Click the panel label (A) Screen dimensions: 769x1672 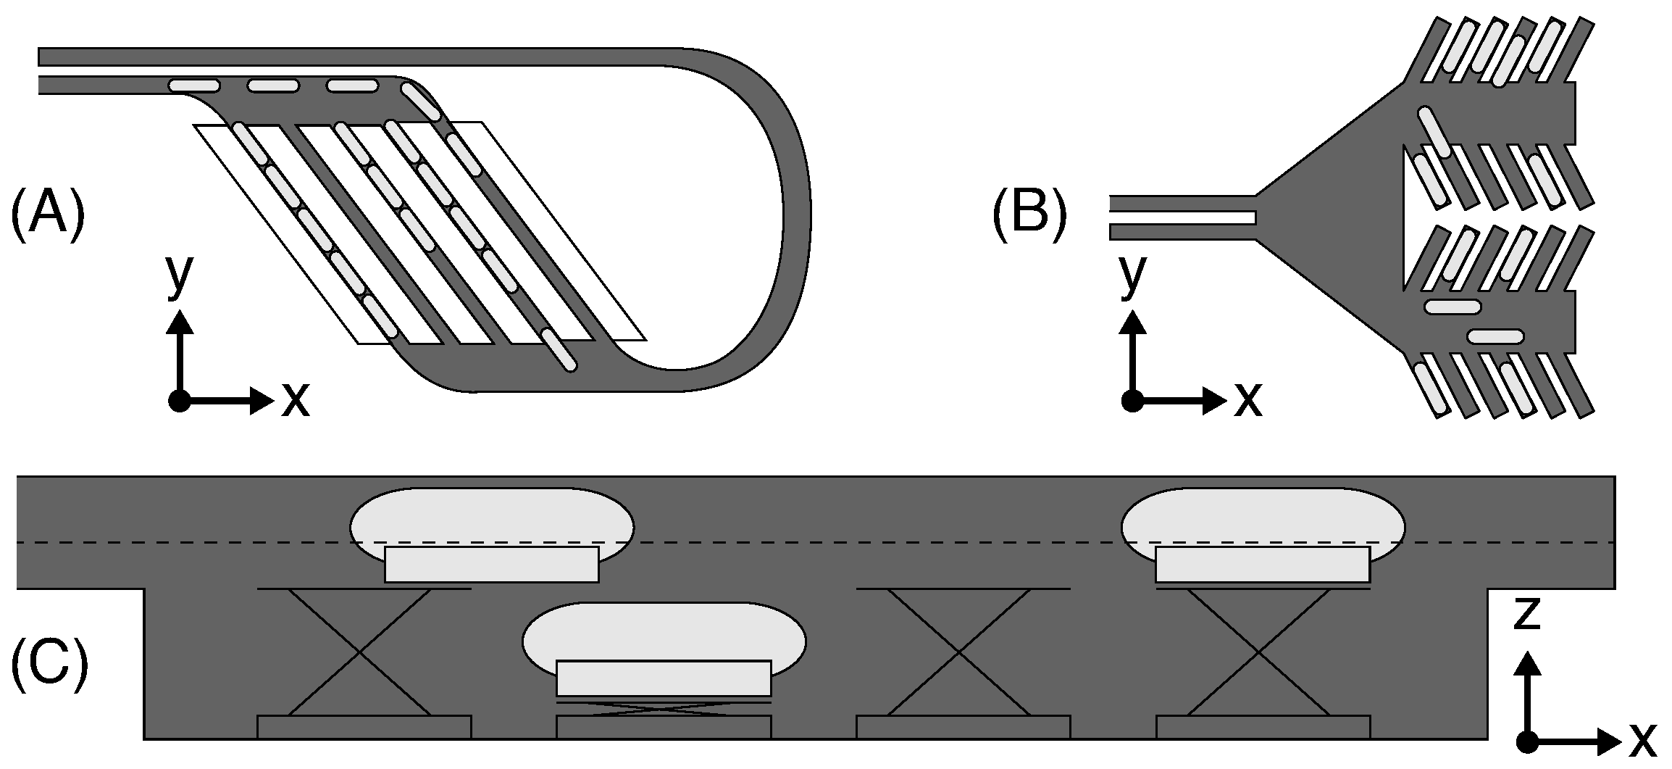[x=48, y=215]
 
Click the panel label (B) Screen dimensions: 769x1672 [x=1029, y=215]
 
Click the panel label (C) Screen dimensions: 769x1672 [x=49, y=661]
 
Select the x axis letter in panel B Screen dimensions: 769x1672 [x=1247, y=399]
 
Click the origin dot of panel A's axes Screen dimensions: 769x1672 [x=179, y=400]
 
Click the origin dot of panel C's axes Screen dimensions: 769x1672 [x=1527, y=741]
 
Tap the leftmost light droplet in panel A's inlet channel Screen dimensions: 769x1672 [x=194, y=86]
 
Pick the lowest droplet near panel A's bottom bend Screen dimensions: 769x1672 [x=560, y=351]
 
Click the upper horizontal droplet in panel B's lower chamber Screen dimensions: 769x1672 [x=1452, y=307]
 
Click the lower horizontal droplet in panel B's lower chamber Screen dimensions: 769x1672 [x=1496, y=336]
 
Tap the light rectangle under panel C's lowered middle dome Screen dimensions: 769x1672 [x=664, y=678]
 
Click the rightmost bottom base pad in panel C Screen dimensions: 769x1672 [x=1263, y=727]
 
